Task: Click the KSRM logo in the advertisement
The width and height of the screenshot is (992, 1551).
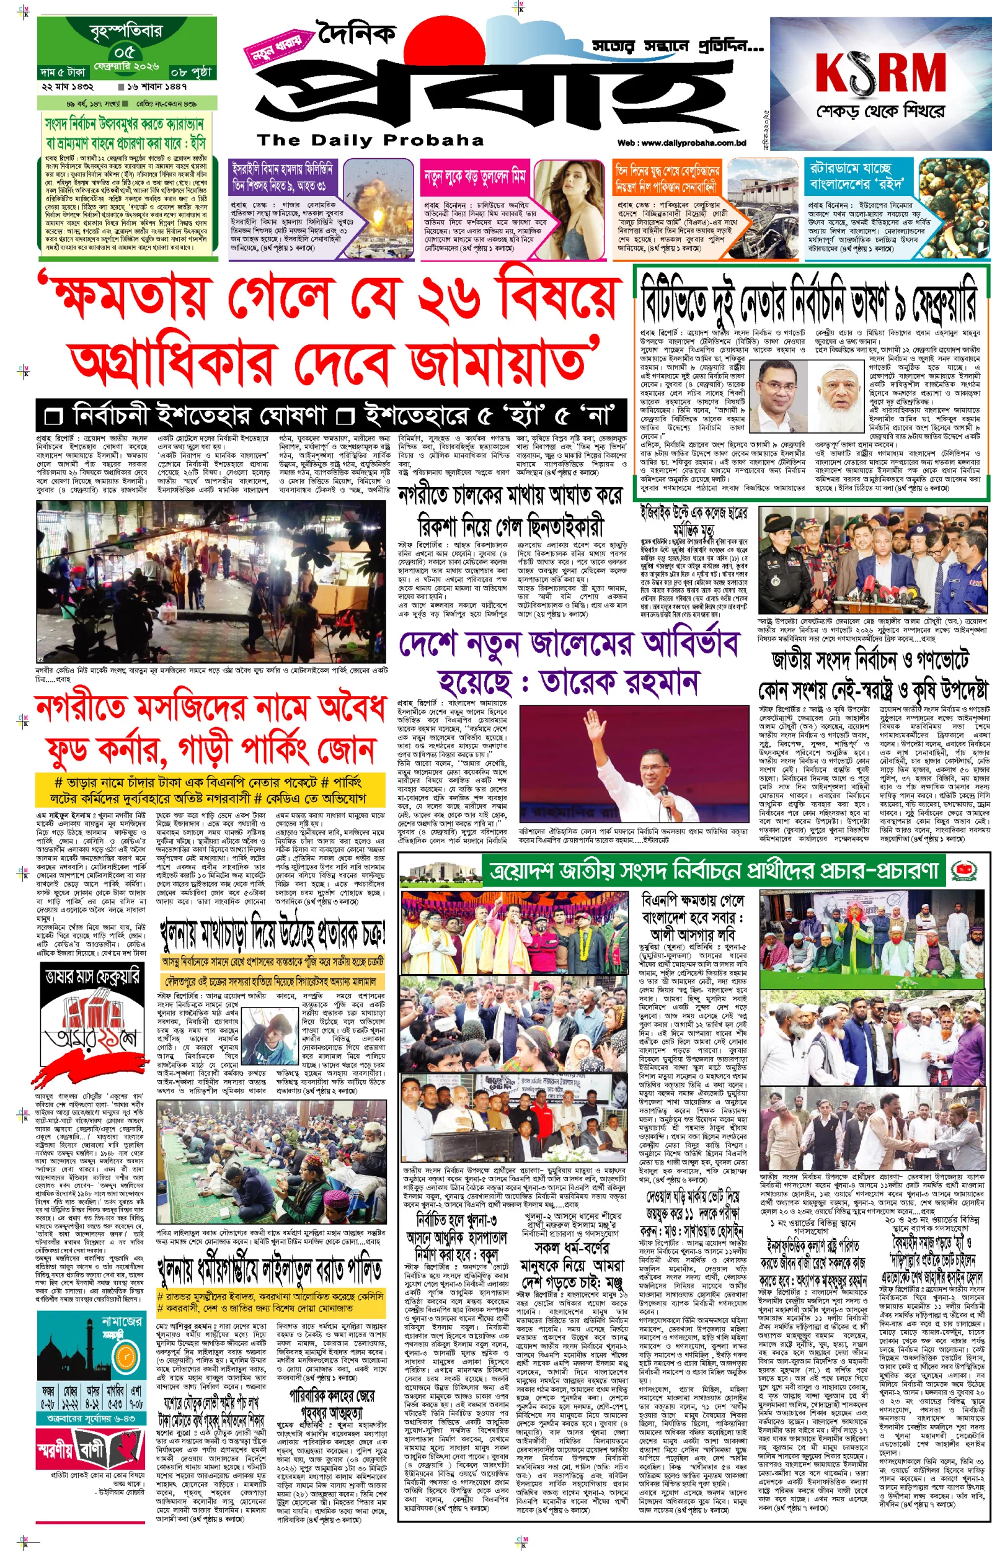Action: click(x=880, y=72)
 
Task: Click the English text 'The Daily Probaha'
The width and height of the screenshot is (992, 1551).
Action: click(x=370, y=140)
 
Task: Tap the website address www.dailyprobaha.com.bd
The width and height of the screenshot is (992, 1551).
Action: click(x=681, y=143)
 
